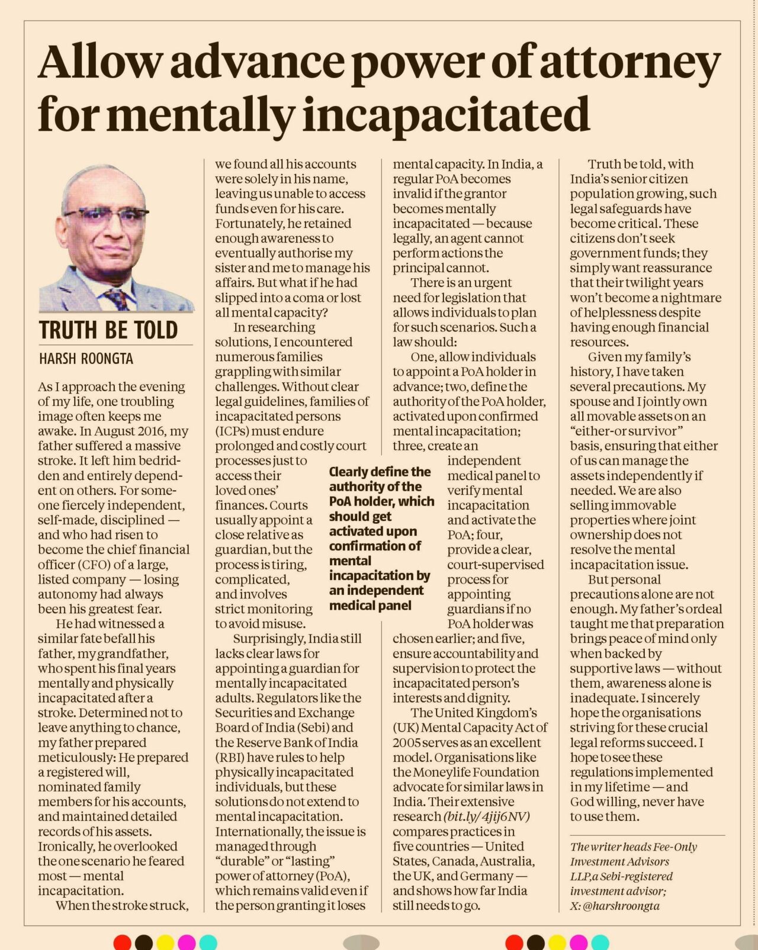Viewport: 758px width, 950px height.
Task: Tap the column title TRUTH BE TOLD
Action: [x=108, y=330]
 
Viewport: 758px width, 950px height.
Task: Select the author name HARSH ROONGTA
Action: [x=86, y=359]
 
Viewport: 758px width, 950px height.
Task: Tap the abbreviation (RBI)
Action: [x=229, y=757]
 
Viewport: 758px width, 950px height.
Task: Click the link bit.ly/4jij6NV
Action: [x=487, y=816]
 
